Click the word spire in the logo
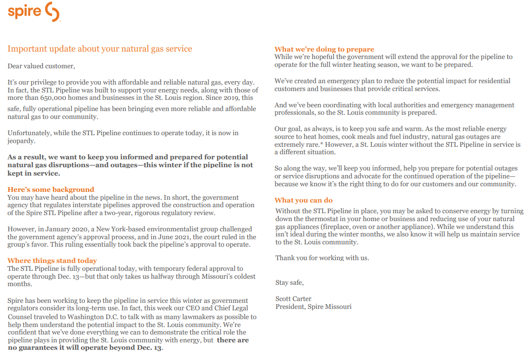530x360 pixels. [x=24, y=11]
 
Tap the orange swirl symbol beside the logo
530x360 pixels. [x=52, y=12]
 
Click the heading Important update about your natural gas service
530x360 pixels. [x=100, y=49]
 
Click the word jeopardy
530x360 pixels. [x=21, y=141]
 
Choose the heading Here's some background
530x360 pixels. [x=51, y=190]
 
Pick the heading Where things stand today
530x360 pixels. [x=52, y=261]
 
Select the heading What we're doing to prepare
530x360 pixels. [x=324, y=49]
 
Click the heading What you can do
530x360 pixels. [x=304, y=200]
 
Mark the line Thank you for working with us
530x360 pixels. [x=322, y=258]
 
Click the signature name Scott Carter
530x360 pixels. [x=293, y=299]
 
